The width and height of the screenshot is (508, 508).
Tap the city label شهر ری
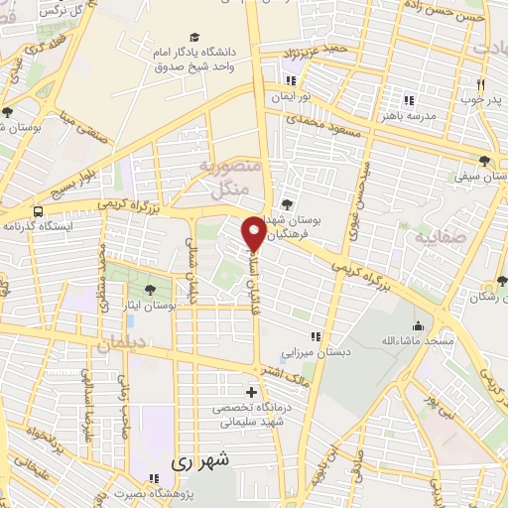tap(199, 461)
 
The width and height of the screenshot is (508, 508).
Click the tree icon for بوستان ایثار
tap(149, 290)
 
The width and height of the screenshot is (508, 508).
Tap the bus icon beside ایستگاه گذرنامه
tap(38, 211)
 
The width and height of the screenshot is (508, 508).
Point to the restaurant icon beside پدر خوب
tap(480, 85)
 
